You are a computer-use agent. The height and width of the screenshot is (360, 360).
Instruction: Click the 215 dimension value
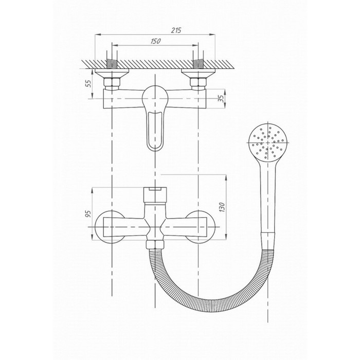(x=176, y=30)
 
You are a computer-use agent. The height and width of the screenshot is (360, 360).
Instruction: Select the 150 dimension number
(x=156, y=41)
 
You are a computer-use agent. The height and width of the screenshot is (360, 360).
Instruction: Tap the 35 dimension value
(x=221, y=98)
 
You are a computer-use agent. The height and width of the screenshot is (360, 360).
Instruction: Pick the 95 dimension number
(x=88, y=213)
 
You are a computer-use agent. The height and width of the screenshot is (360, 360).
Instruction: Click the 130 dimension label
(x=222, y=207)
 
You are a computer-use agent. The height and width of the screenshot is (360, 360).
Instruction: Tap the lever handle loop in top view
(x=155, y=131)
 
